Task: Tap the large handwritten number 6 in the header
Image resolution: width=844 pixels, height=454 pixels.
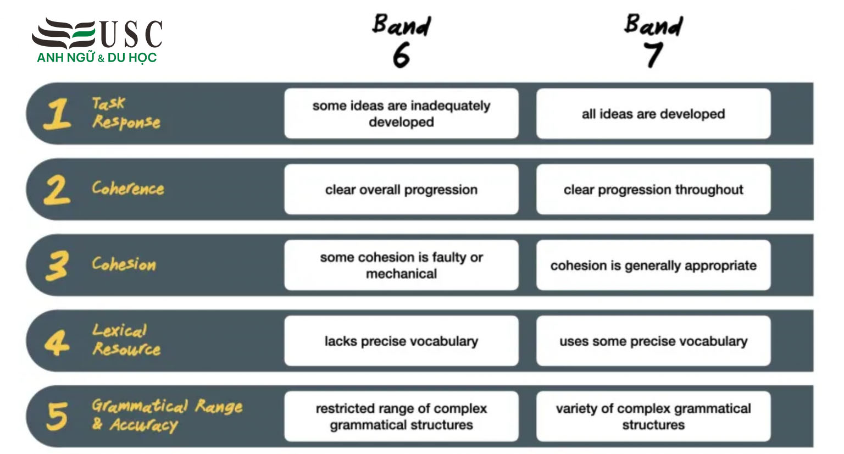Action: [x=401, y=56]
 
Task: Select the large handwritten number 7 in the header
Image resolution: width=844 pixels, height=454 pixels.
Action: [x=653, y=55]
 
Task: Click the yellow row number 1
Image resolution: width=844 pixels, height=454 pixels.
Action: [x=57, y=114]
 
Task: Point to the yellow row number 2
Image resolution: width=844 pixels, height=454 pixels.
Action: [x=57, y=190]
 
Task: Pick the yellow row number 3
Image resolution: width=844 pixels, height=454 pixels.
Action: [x=57, y=265]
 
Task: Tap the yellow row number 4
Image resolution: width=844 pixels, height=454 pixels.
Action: [x=57, y=342]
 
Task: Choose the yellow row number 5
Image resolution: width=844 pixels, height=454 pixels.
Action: [x=57, y=416]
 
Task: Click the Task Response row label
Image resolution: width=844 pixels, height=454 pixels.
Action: [x=126, y=113]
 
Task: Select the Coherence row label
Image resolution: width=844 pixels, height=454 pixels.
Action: [x=128, y=188]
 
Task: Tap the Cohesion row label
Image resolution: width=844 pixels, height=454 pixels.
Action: [x=124, y=264]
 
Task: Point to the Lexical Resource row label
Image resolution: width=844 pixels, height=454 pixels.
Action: [x=126, y=340]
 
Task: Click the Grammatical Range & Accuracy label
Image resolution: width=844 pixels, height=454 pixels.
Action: [x=167, y=415]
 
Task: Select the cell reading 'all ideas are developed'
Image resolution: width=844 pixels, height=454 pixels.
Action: [x=653, y=114]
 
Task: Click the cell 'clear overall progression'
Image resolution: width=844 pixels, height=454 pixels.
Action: [x=401, y=190]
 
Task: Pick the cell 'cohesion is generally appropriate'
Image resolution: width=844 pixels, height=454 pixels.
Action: [x=653, y=265]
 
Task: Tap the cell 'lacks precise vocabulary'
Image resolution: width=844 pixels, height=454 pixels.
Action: [x=401, y=341]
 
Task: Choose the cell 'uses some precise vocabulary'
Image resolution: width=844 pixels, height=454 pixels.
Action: [x=653, y=341]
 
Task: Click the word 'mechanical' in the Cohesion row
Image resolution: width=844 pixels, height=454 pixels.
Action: [x=401, y=274]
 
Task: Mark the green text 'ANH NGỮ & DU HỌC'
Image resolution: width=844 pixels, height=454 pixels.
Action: [x=97, y=58]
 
